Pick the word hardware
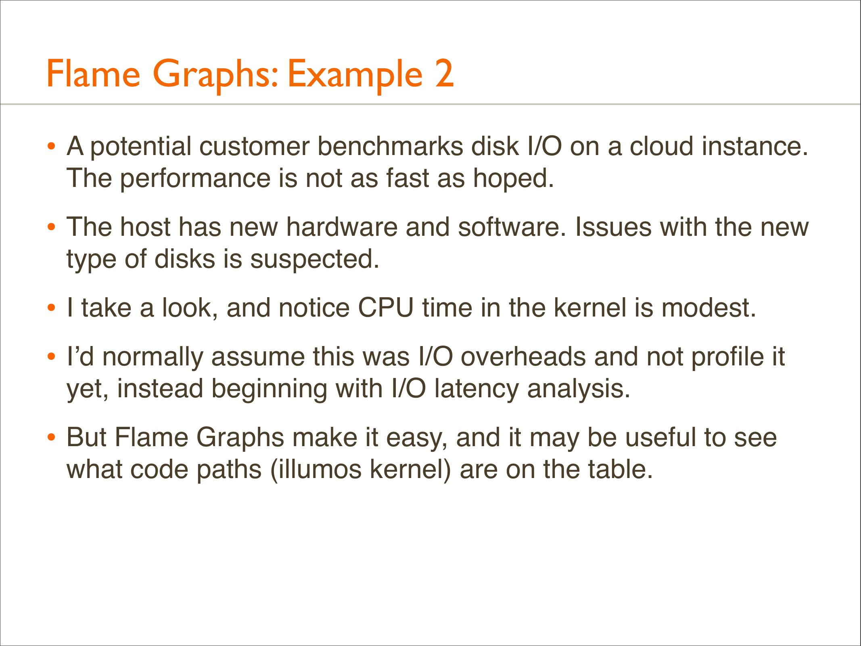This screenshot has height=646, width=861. pyautogui.click(x=342, y=227)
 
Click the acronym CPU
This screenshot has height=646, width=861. pyautogui.click(x=386, y=308)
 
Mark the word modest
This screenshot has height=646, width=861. pyautogui.click(x=709, y=308)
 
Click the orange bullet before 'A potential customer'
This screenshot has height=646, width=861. pyautogui.click(x=51, y=146)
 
